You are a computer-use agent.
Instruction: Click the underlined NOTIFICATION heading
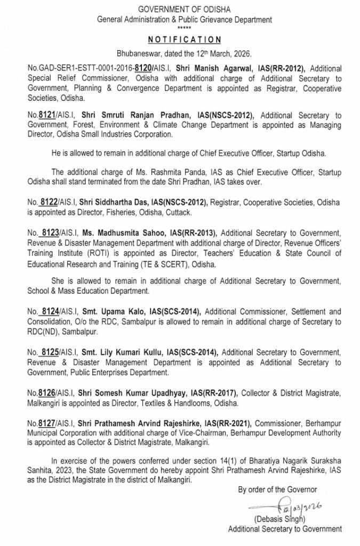pyautogui.click(x=184, y=39)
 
